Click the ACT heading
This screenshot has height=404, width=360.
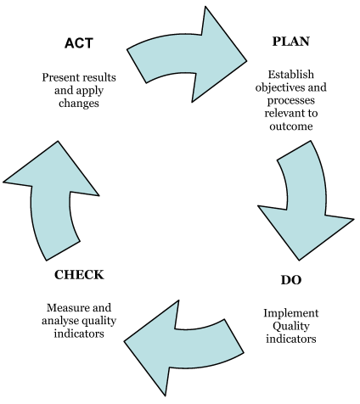79,43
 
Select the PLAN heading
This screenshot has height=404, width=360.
291,42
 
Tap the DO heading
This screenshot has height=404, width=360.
291,280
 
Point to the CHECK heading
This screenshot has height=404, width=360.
79,275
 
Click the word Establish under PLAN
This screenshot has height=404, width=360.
291,75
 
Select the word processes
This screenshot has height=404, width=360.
291,101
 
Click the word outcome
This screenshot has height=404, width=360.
291,126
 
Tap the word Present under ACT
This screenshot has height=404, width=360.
60,77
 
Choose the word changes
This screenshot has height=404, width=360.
79,104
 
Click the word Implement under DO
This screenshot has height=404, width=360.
291,313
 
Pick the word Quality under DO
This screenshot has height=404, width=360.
291,326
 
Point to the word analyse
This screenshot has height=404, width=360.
60,321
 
